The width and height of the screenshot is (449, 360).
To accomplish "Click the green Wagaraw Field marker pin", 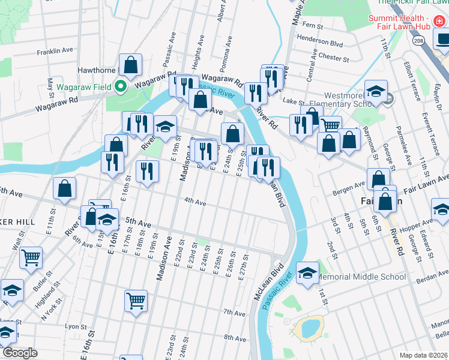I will coord(120,86).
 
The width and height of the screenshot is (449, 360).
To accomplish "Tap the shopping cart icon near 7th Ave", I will coord(136,301).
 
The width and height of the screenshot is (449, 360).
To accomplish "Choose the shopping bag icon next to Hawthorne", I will coord(130,65).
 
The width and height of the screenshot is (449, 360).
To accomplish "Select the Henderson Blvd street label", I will coord(324,44).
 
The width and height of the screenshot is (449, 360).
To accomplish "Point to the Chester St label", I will coord(334,59).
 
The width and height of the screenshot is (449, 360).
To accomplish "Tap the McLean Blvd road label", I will coord(268,286).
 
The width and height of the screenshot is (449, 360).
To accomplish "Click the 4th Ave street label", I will coord(195,203).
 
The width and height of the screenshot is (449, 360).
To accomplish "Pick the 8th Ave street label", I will coord(235,338).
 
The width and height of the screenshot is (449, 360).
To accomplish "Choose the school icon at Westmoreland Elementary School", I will coord(376,92).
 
